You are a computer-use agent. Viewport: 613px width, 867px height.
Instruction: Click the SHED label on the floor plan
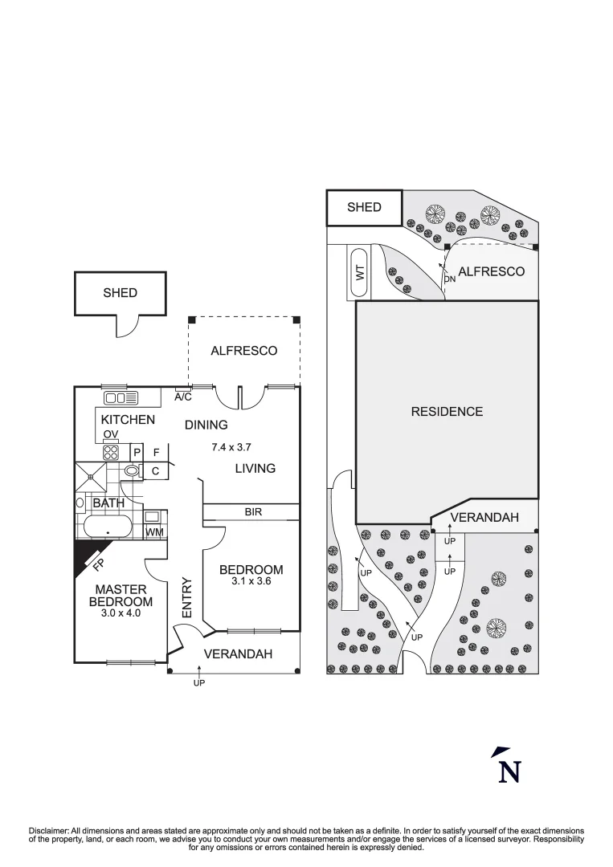[120, 293]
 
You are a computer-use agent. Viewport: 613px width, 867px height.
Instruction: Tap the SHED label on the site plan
[363, 207]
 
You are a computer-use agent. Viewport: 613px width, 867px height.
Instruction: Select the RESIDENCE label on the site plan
[447, 412]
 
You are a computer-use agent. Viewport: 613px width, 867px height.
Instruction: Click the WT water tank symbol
[359, 273]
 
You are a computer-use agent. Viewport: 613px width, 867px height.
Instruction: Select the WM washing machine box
[154, 531]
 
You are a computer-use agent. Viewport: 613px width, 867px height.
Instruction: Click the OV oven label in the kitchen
[111, 434]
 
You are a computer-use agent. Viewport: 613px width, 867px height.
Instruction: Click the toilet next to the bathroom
[132, 471]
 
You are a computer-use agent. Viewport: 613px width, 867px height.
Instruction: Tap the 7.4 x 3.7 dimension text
[230, 447]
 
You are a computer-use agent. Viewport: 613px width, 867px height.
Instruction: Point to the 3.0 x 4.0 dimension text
[120, 613]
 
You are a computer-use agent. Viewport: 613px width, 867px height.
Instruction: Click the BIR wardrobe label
[253, 511]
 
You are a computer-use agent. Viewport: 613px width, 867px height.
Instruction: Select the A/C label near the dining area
[183, 397]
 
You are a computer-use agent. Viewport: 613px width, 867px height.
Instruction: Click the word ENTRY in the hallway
[186, 598]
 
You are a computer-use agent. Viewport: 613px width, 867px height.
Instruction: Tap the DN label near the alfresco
[449, 279]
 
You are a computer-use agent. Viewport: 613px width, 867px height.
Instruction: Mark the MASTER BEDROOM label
[120, 596]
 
